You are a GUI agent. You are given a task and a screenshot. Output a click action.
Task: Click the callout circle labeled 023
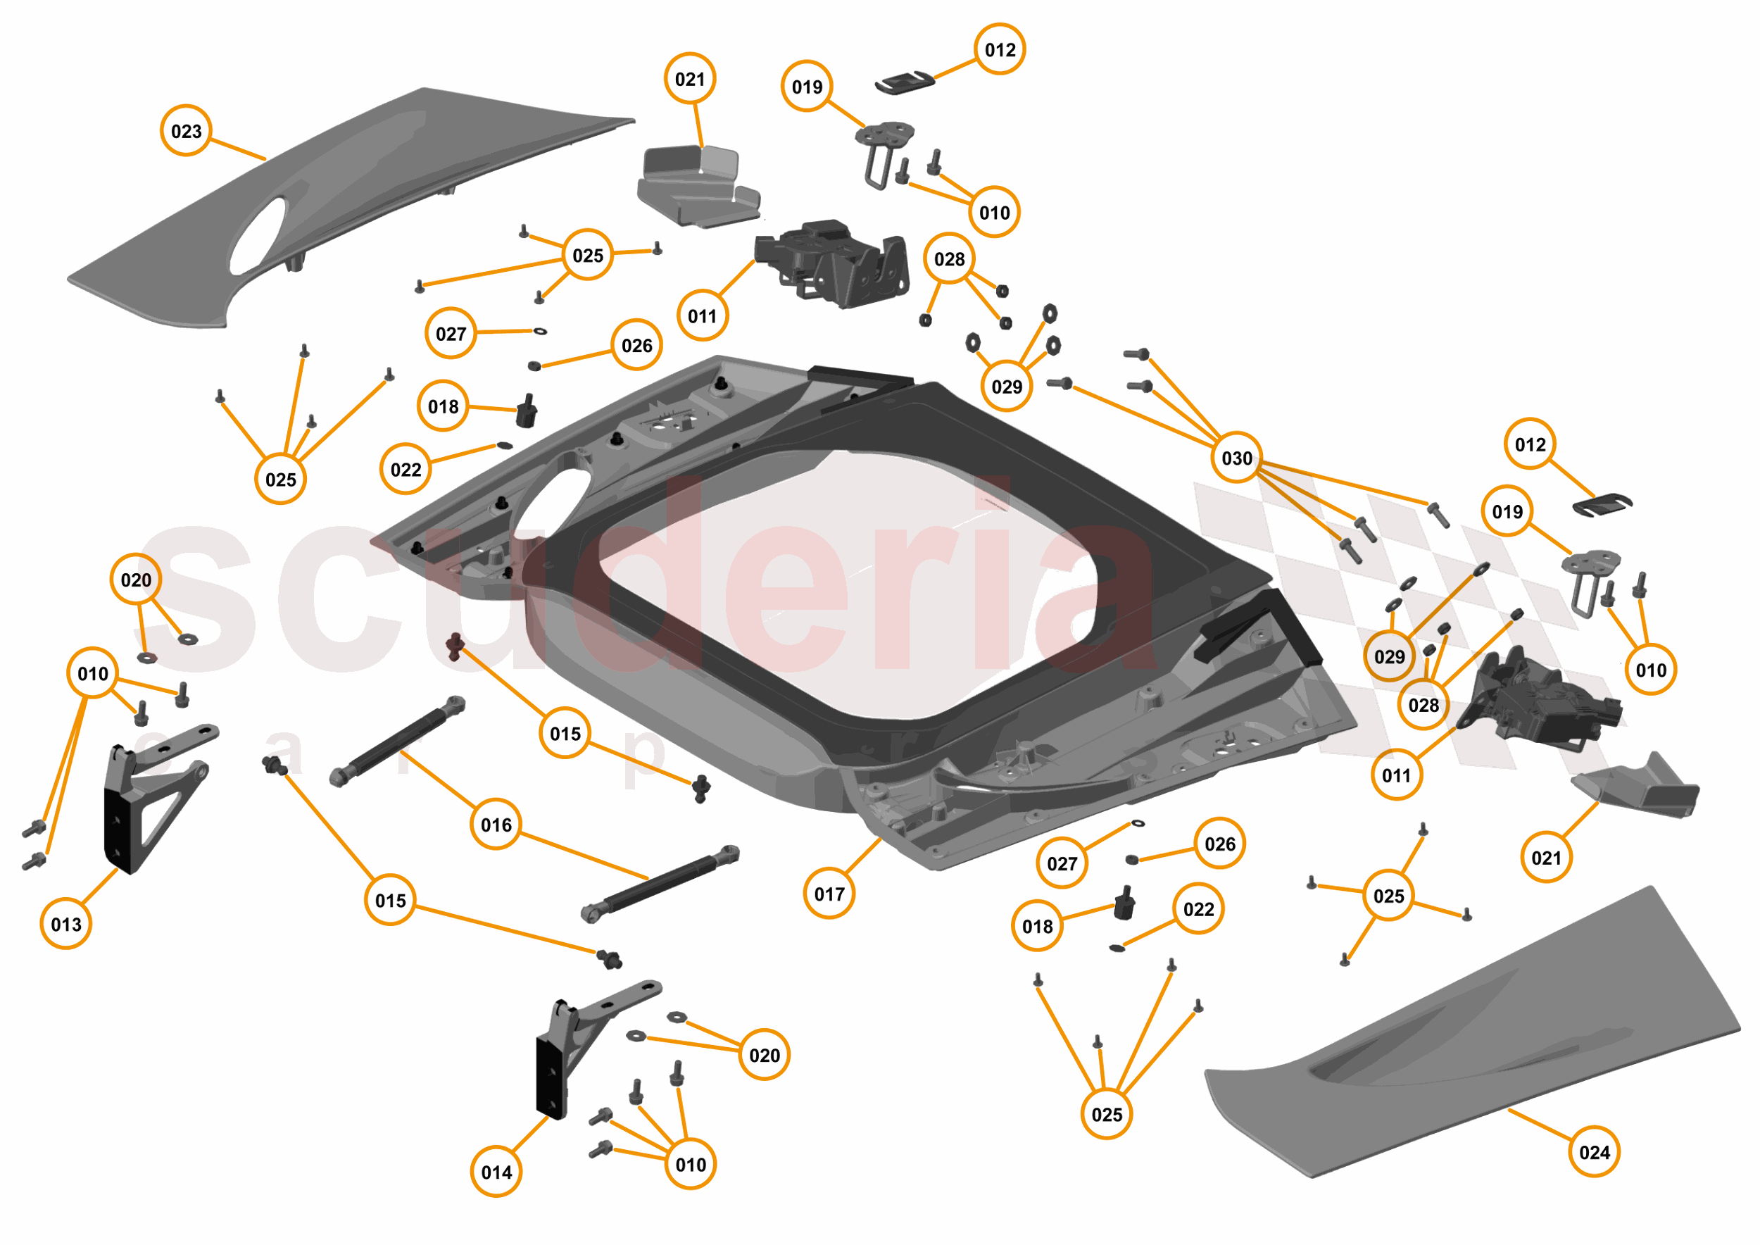pyautogui.click(x=187, y=131)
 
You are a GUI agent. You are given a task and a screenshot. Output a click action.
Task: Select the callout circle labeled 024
pyautogui.click(x=1595, y=1152)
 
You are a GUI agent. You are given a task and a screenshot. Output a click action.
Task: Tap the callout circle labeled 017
pyautogui.click(x=829, y=894)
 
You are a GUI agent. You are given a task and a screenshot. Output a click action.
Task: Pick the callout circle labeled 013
pyautogui.click(x=66, y=925)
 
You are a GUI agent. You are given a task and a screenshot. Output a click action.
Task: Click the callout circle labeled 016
pyautogui.click(x=496, y=825)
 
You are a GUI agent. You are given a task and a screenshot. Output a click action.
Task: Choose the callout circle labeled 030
pyautogui.click(x=1236, y=458)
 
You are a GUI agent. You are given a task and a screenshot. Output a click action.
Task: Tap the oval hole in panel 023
pyautogui.click(x=258, y=237)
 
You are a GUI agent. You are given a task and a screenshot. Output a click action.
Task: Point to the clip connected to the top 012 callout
pyautogui.click(x=905, y=82)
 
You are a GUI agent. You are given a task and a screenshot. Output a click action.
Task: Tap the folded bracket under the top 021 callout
pyautogui.click(x=693, y=188)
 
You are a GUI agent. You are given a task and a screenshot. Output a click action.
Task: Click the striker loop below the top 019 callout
pyautogui.click(x=881, y=154)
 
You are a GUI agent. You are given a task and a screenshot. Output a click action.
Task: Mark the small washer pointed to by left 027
pyautogui.click(x=540, y=332)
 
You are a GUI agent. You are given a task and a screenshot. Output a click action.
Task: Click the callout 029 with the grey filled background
pyautogui.click(x=1389, y=657)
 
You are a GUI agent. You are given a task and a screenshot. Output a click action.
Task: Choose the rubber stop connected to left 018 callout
pyautogui.click(x=526, y=413)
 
